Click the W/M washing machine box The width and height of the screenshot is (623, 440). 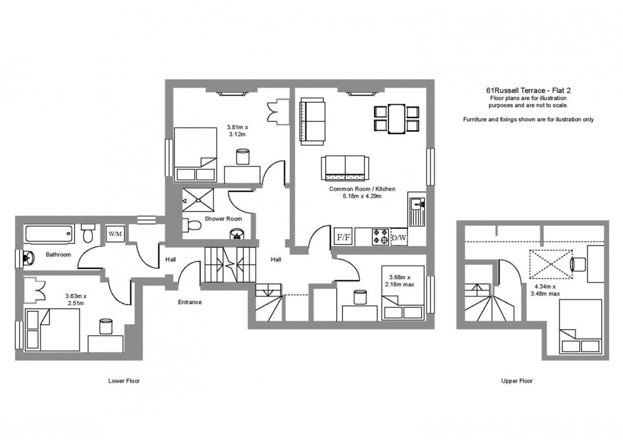tap(115, 234)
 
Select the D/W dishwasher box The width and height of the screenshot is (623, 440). tap(399, 237)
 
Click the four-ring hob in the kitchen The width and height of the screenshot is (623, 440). tap(380, 237)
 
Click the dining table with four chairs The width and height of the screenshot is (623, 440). tap(396, 118)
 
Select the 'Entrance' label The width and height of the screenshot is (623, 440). tap(189, 302)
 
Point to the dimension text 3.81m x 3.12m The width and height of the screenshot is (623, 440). tap(238, 130)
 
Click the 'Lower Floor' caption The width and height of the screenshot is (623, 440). tap(123, 381)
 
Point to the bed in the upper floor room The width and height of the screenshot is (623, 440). tap(580, 327)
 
